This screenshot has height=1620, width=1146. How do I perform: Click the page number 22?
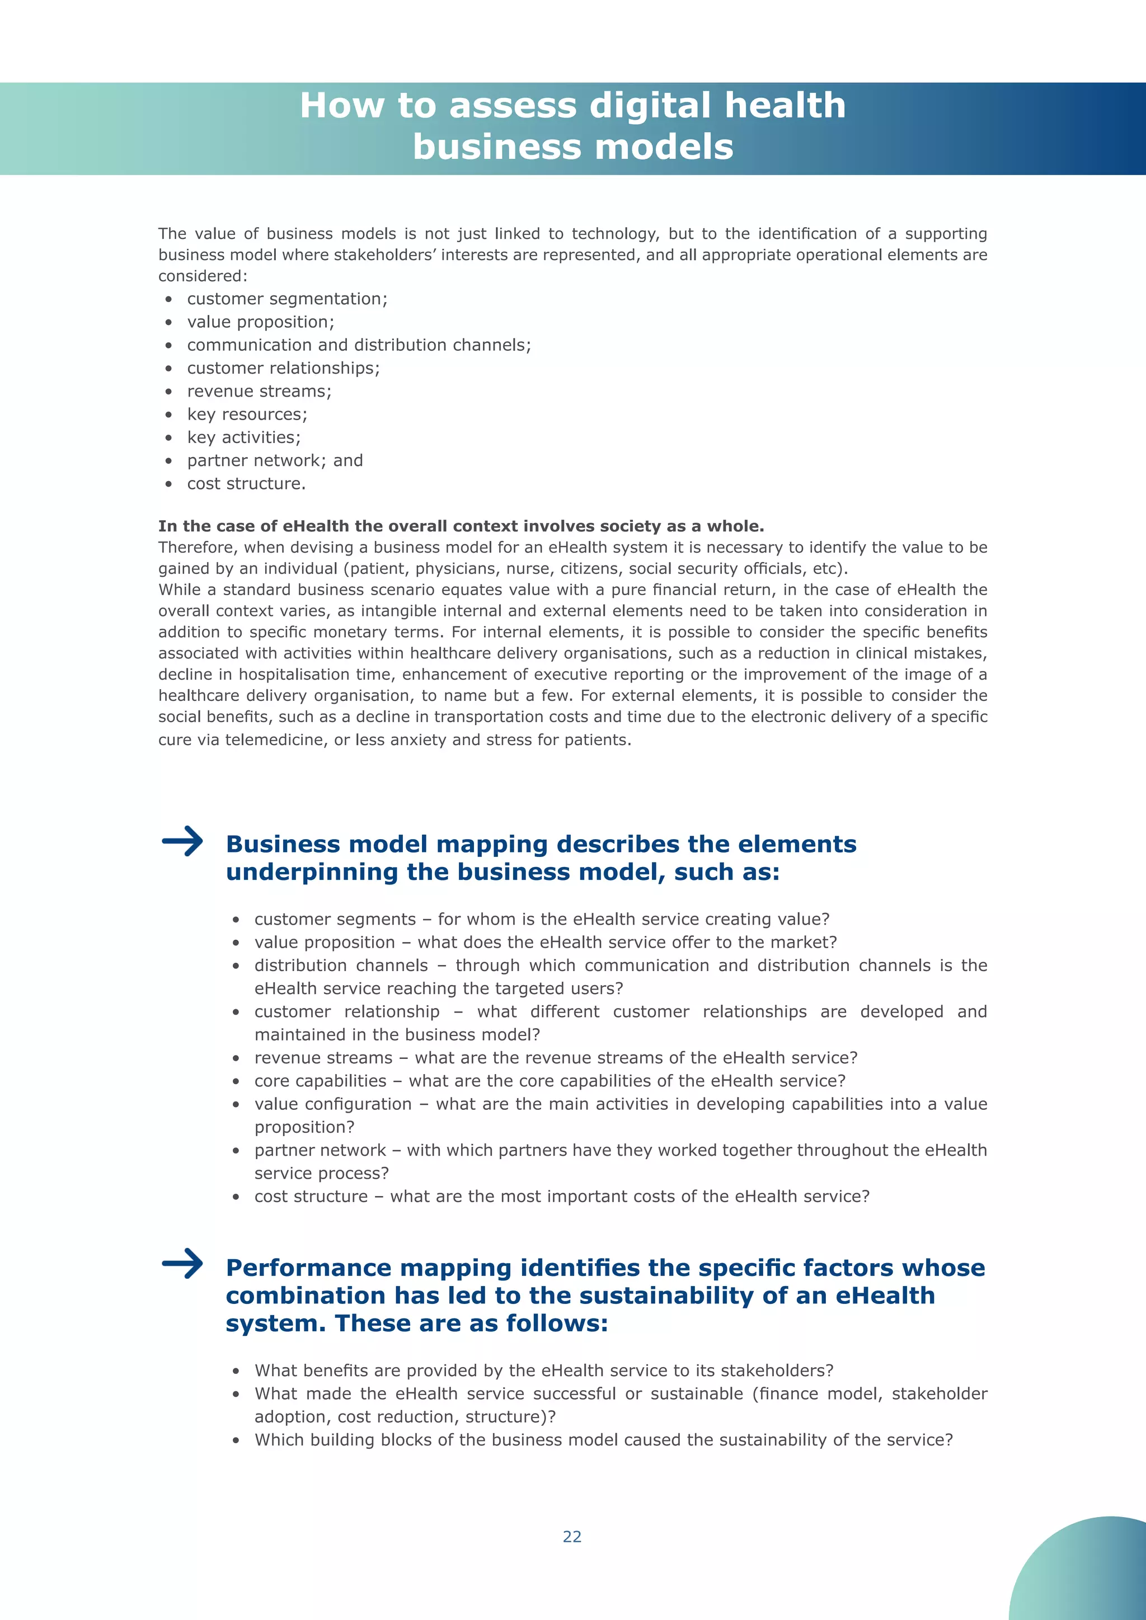tap(571, 1536)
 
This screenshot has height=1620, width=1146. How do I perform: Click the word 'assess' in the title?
tap(513, 106)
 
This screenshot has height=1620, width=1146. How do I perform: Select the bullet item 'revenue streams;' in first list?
tap(259, 392)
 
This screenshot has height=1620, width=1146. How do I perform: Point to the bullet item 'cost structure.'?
tap(246, 484)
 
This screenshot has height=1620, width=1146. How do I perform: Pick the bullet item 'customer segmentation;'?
tap(287, 299)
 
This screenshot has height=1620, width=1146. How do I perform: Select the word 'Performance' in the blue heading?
tap(308, 1268)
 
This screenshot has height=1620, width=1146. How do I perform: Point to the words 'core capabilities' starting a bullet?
tap(321, 1081)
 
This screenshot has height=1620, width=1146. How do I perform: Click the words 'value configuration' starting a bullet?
tap(333, 1104)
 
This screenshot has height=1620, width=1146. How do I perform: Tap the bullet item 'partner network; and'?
tap(275, 461)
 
